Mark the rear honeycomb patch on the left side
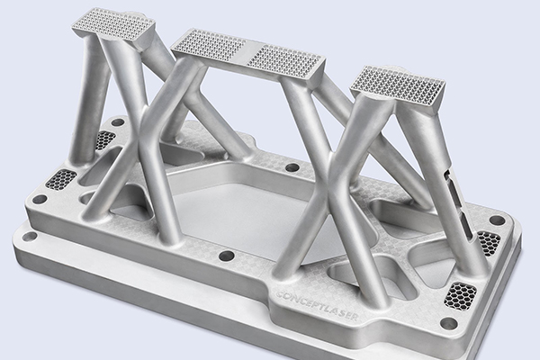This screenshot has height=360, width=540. [105, 139]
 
